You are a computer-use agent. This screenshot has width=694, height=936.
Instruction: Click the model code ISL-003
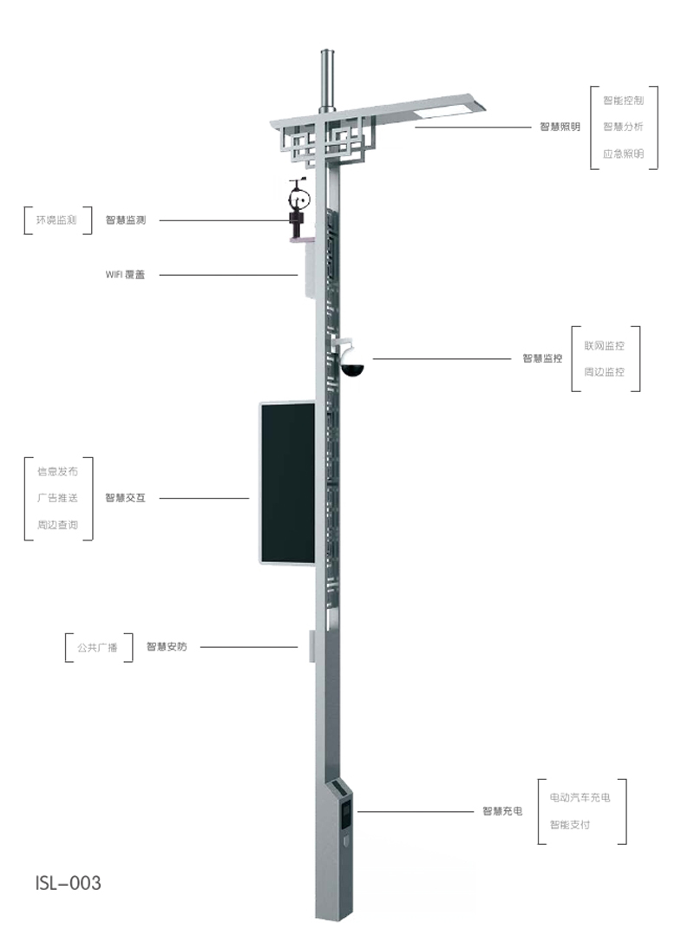[69, 883]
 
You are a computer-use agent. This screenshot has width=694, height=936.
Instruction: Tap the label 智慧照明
[560, 127]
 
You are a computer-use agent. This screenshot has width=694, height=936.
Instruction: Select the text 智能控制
[623, 101]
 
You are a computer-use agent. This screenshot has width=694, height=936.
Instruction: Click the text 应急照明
[623, 154]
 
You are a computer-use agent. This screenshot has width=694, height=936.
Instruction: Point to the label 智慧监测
[125, 220]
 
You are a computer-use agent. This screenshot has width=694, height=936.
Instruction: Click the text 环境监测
[56, 220]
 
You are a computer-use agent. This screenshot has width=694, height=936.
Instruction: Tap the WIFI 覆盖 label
[125, 275]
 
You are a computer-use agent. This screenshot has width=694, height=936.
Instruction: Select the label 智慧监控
[542, 358]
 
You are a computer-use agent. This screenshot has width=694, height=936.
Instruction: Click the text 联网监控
[605, 345]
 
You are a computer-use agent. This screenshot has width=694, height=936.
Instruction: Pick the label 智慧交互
[125, 498]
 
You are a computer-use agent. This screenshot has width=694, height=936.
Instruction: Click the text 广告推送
[57, 498]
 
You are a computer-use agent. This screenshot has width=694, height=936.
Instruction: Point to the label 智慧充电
[502, 811]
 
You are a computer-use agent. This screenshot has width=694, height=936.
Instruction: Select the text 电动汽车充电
[579, 797]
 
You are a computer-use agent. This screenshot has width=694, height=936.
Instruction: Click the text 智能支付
[569, 824]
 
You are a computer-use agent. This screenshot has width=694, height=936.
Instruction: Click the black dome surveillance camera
[353, 368]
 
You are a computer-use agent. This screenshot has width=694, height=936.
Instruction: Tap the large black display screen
[287, 481]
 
